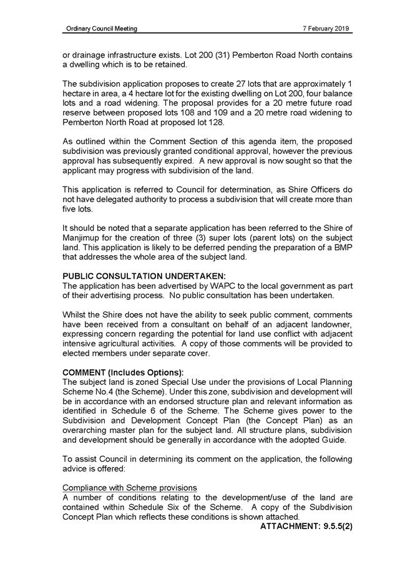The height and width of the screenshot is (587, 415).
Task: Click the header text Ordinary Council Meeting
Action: (102, 29)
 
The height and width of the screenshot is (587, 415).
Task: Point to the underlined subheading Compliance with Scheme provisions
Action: (129, 487)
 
